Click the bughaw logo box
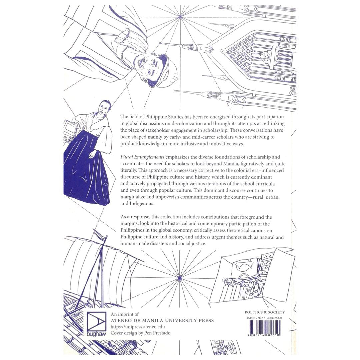(x=96, y=324)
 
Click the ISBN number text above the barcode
(x=265, y=318)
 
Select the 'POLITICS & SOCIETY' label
(x=265, y=312)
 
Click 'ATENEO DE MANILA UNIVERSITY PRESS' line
(x=162, y=320)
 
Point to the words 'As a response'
(x=134, y=217)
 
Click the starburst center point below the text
(x=179, y=277)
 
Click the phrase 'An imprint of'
(x=124, y=314)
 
